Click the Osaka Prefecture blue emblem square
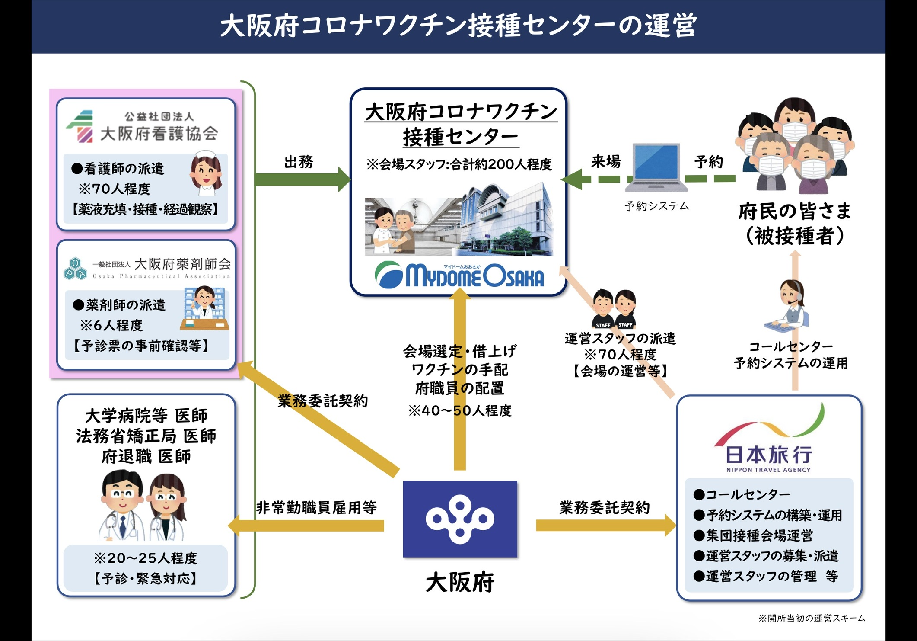[x=460, y=519]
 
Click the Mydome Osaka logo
[x=460, y=275]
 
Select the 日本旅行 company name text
[x=768, y=455]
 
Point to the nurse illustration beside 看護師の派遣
[x=206, y=173]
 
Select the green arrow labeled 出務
[x=302, y=179]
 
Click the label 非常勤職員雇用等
[x=316, y=507]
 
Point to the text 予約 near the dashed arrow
[x=709, y=162]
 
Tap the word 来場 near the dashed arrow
[x=606, y=161]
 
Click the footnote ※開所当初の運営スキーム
[x=812, y=618]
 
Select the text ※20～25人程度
[x=145, y=558]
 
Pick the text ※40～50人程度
[x=460, y=410]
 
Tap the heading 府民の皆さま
[x=795, y=212]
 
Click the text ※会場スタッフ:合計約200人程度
[x=459, y=164]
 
